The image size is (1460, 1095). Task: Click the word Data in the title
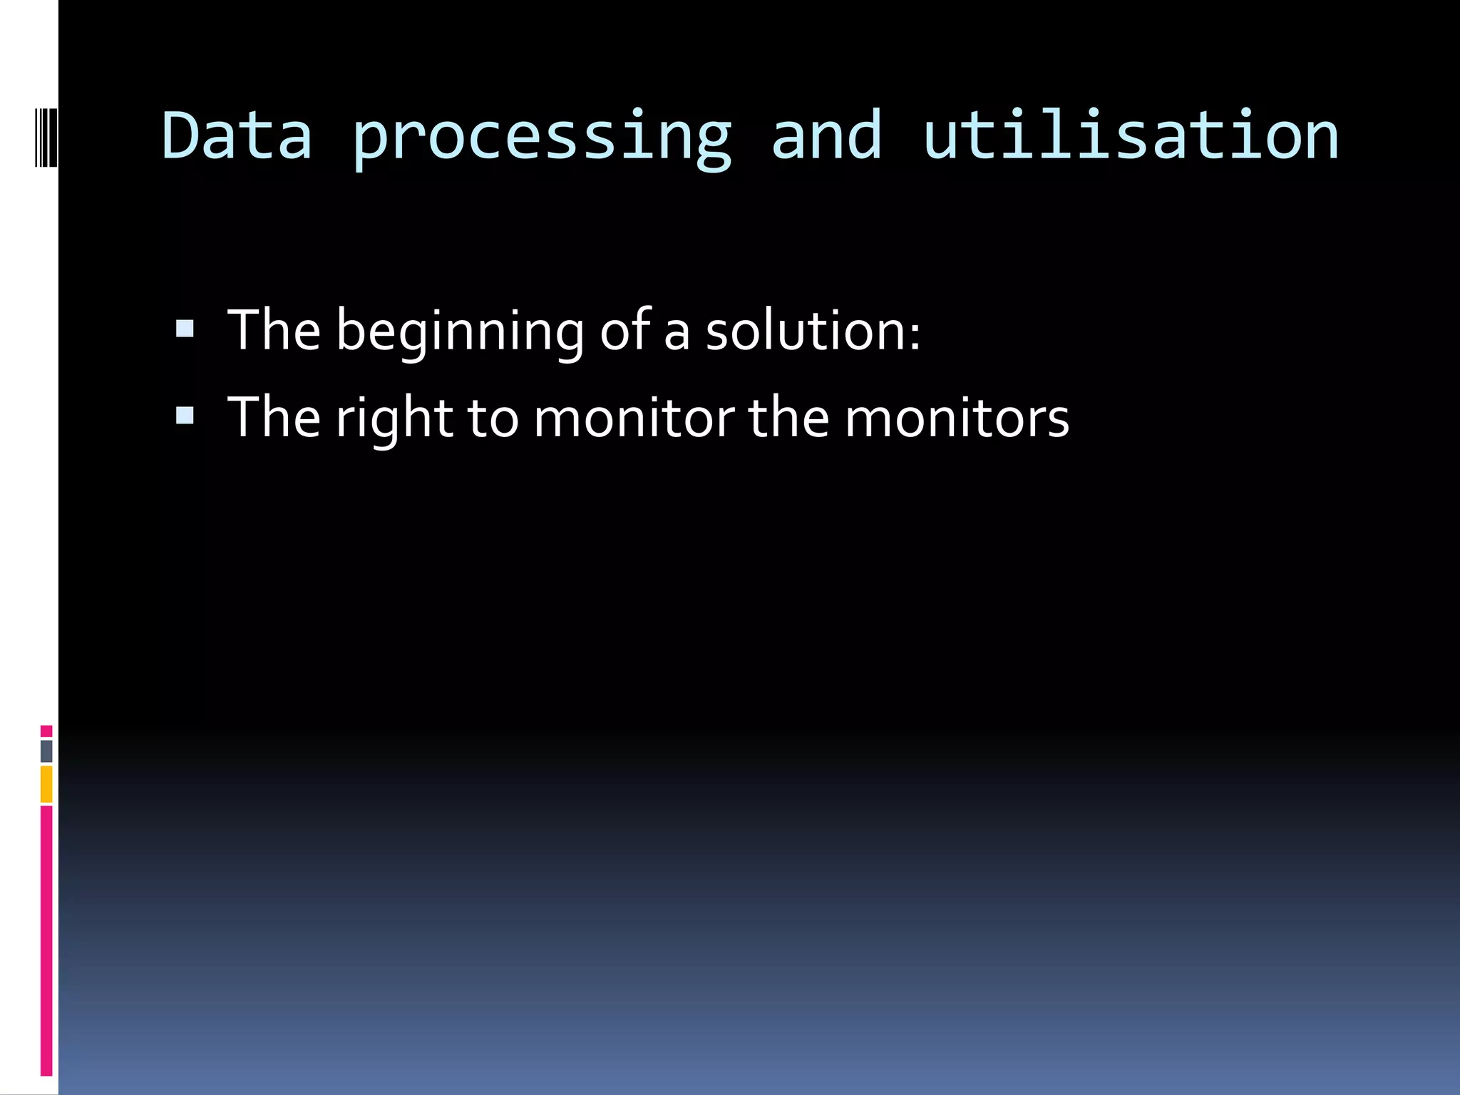(237, 135)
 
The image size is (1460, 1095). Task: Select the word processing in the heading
(542, 139)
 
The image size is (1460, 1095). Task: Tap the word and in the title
(827, 135)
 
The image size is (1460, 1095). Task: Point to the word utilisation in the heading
(1131, 135)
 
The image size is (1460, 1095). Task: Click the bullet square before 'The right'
(185, 415)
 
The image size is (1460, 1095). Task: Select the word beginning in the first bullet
(461, 331)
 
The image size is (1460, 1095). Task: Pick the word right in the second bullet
(394, 419)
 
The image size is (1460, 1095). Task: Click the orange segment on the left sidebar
(46, 784)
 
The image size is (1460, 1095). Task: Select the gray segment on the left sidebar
(46, 751)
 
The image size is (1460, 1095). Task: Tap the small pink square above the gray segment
(46, 731)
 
